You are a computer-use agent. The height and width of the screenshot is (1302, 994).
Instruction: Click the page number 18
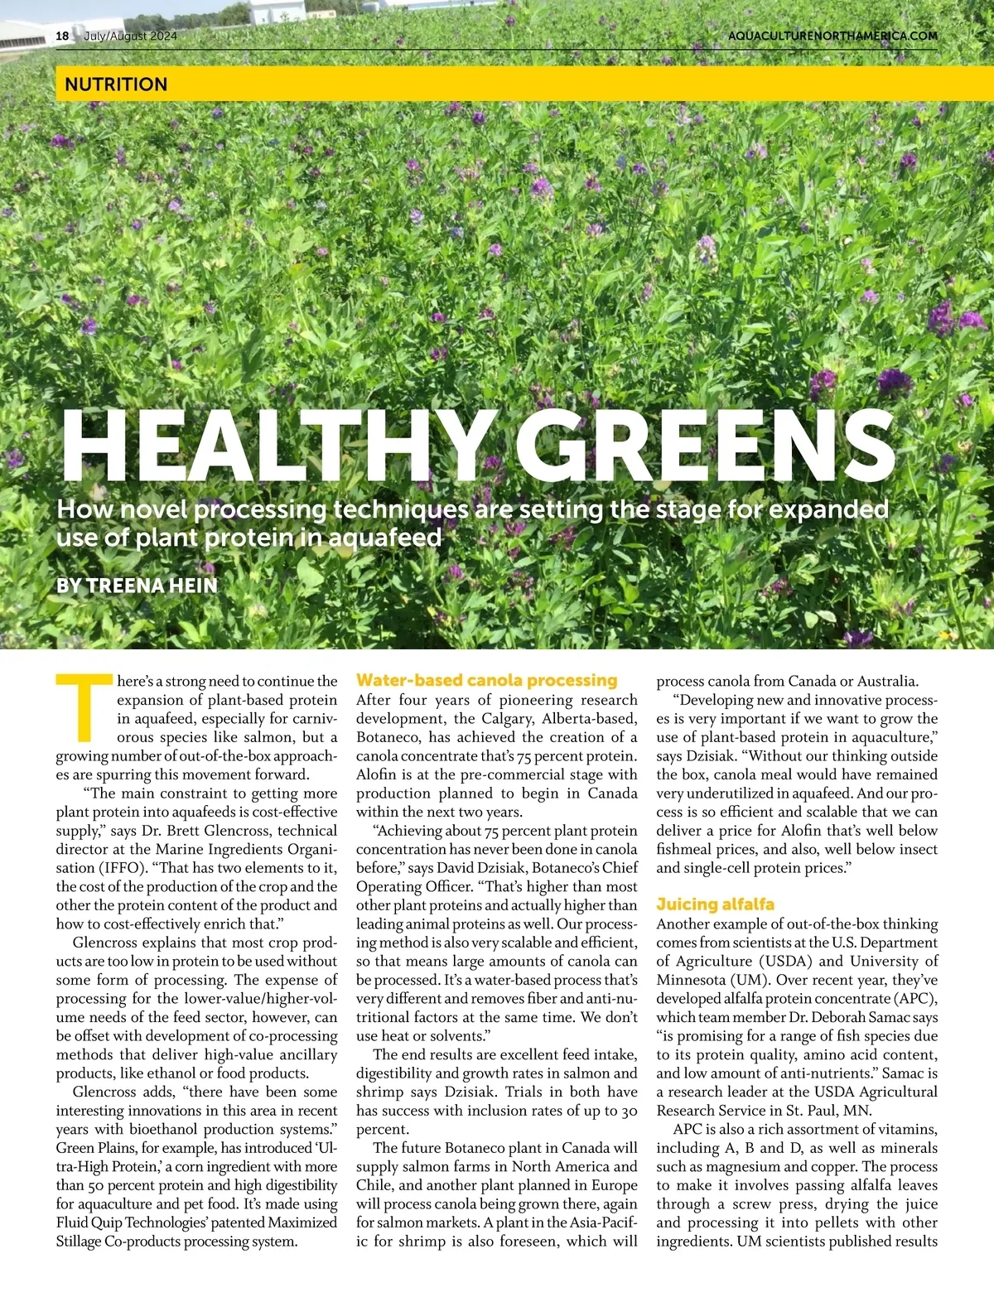[x=62, y=36]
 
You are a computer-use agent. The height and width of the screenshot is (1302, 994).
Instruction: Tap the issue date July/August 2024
[x=130, y=36]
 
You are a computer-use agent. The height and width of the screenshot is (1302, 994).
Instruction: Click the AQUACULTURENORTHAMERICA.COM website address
[x=832, y=36]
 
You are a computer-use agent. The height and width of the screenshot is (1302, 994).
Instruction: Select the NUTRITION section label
[x=116, y=84]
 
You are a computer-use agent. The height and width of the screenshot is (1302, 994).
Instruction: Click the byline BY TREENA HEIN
[x=137, y=586]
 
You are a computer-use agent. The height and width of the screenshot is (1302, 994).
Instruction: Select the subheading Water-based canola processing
[x=486, y=680]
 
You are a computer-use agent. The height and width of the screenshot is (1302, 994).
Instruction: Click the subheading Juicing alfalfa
[x=715, y=904]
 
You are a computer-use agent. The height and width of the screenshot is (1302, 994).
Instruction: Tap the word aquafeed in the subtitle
[x=385, y=538]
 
